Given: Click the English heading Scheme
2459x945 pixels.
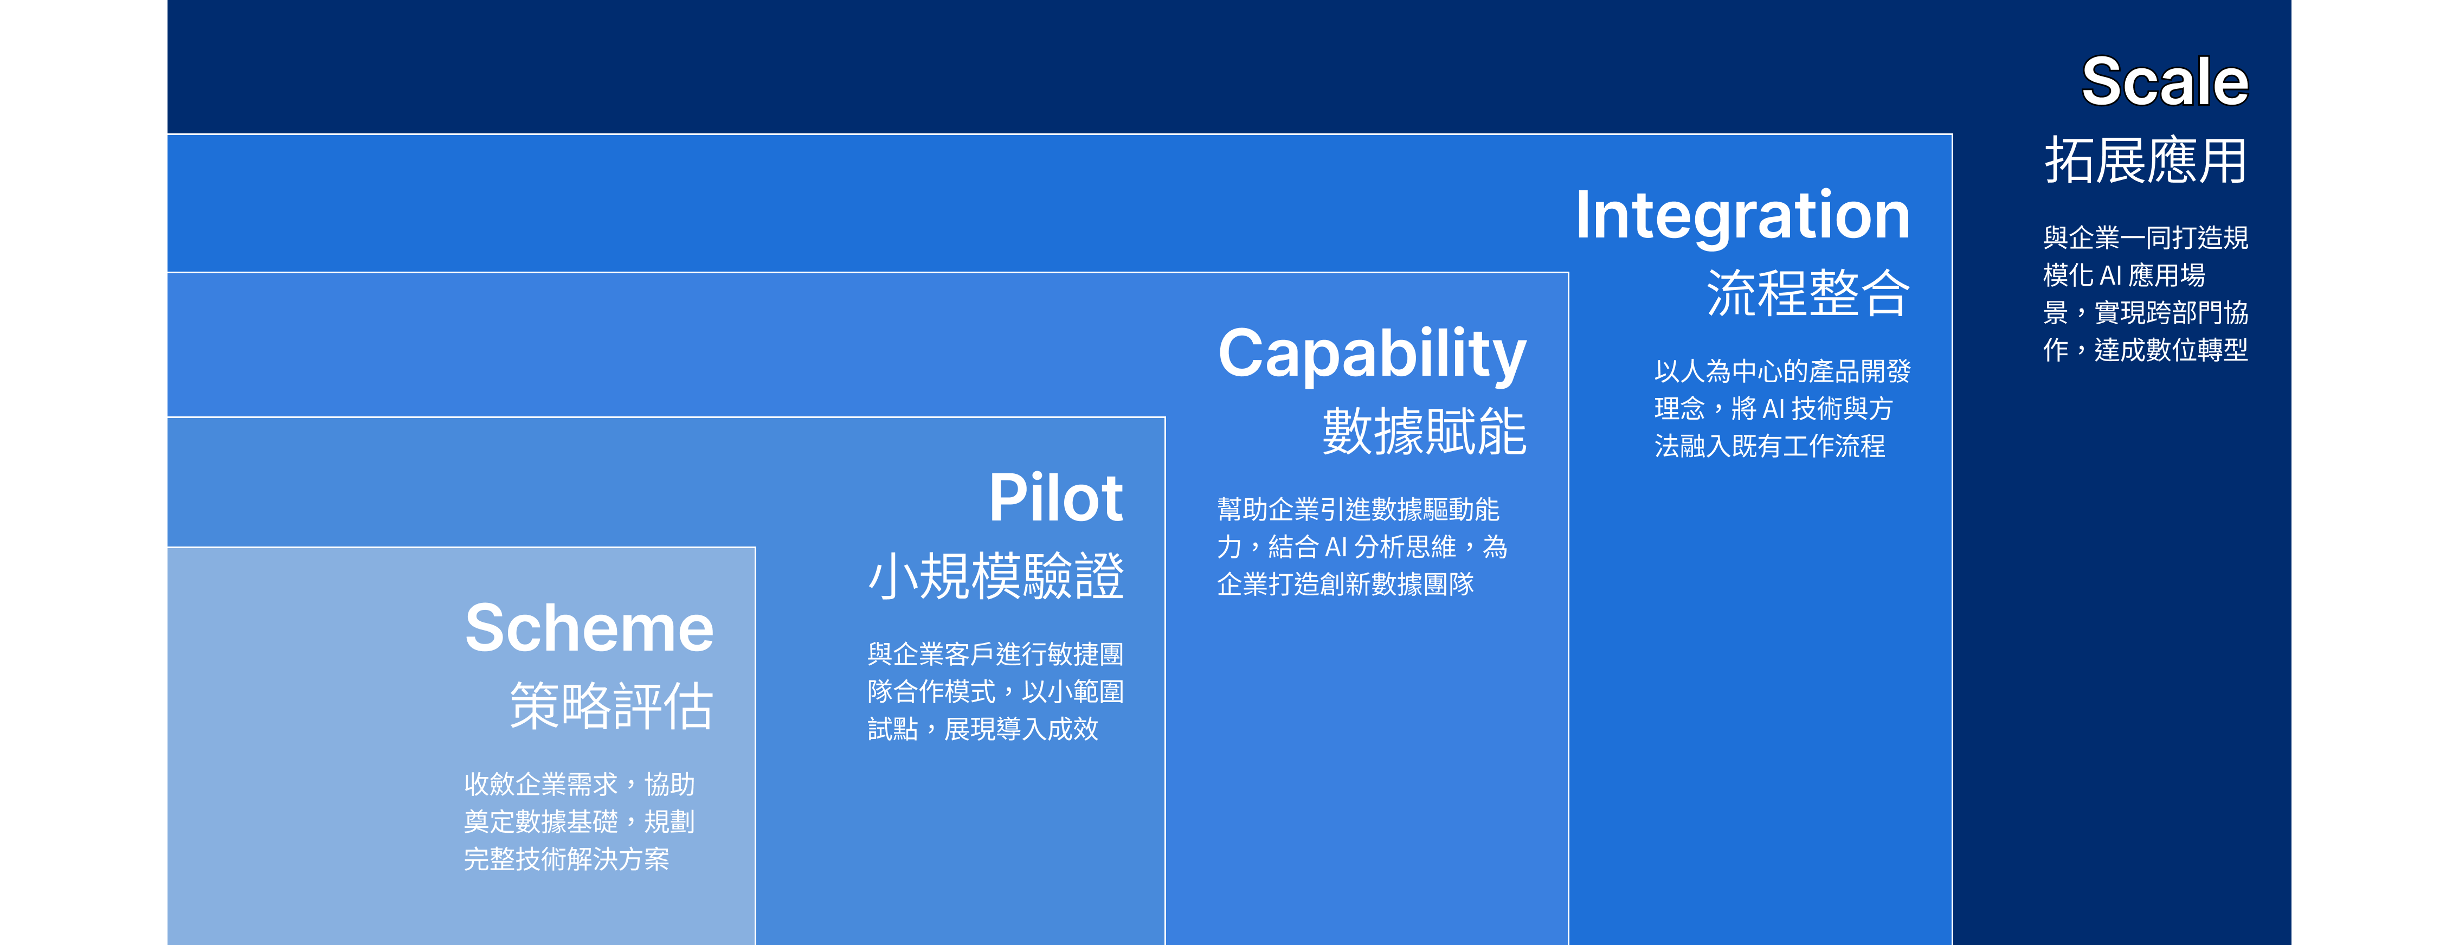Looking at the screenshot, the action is tap(589, 628).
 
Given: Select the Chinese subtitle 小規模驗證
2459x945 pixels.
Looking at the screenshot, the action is tap(996, 576).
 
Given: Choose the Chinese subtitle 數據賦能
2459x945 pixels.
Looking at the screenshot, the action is tap(1424, 432).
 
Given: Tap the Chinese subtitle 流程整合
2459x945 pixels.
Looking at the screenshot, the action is tap(1808, 292).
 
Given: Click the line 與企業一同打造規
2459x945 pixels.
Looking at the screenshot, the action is tap(2146, 237).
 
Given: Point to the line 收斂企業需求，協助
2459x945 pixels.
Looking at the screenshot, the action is tap(580, 785).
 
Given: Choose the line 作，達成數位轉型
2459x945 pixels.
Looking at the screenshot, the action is tap(2146, 350).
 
